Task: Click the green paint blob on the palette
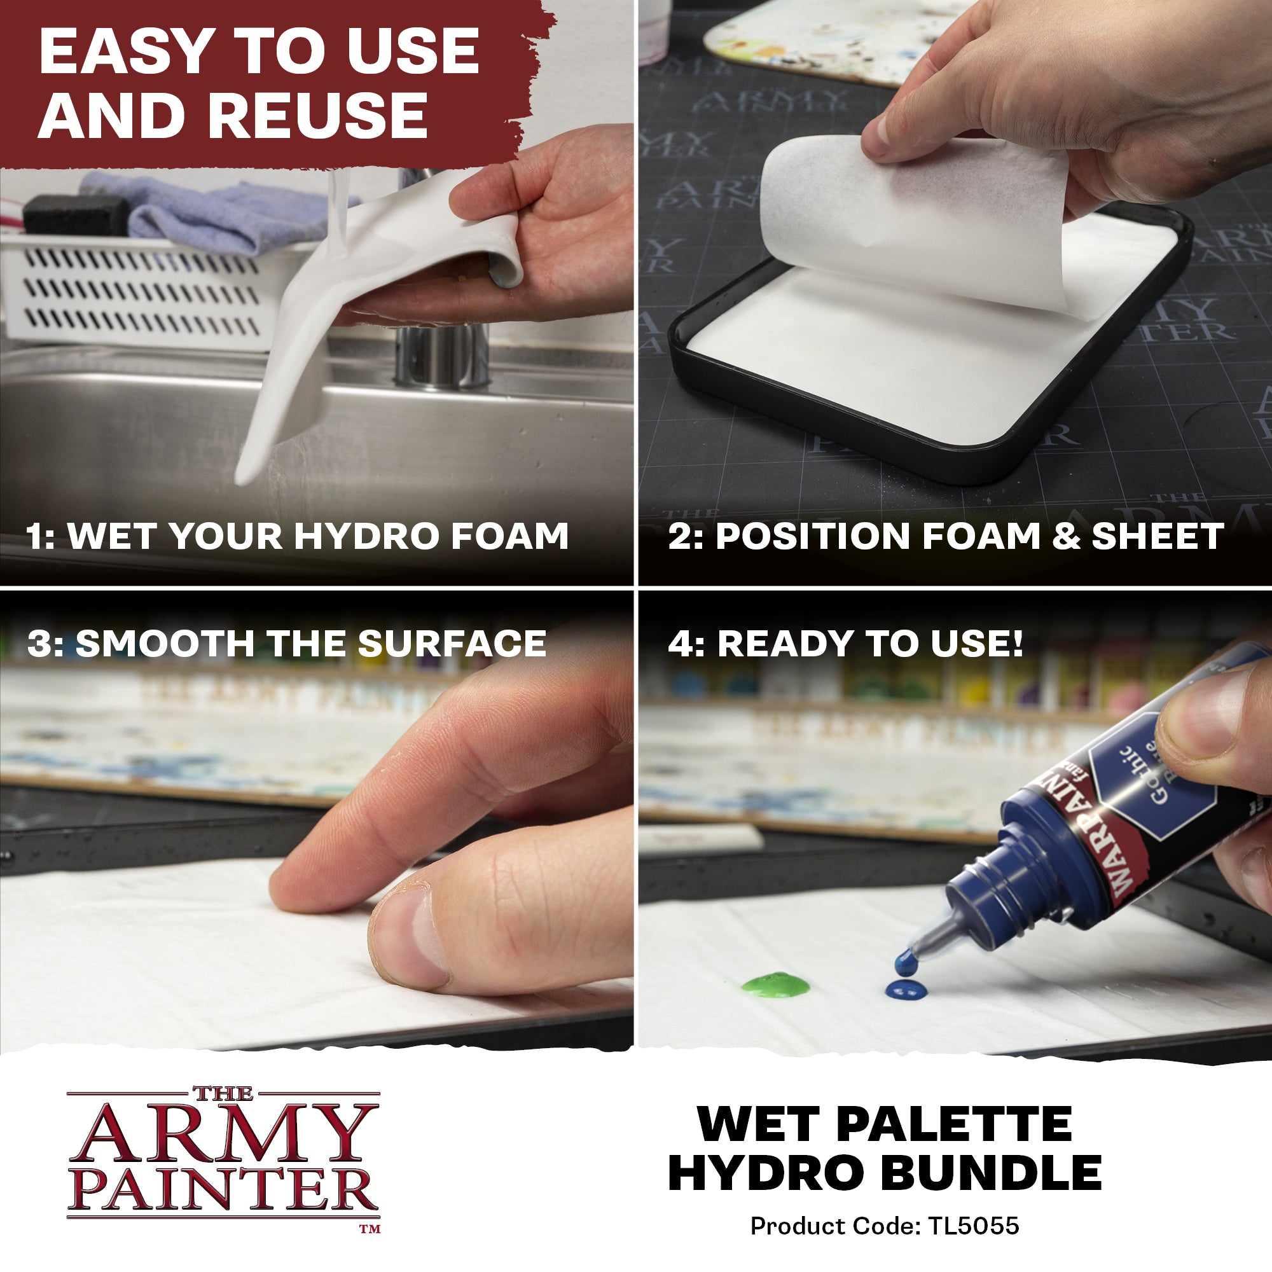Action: [x=775, y=985]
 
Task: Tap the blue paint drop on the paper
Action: [x=905, y=989]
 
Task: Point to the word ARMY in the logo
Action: [x=224, y=1134]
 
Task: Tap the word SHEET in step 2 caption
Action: [x=1158, y=536]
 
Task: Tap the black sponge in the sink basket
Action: [x=76, y=214]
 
